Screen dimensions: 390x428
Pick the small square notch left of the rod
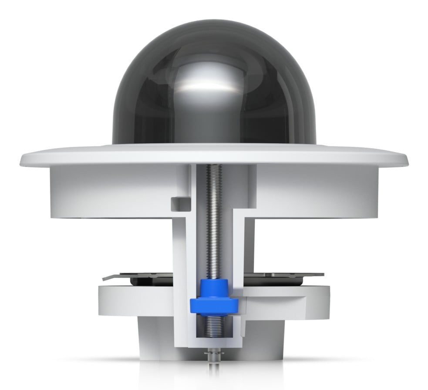[x=177, y=203]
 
